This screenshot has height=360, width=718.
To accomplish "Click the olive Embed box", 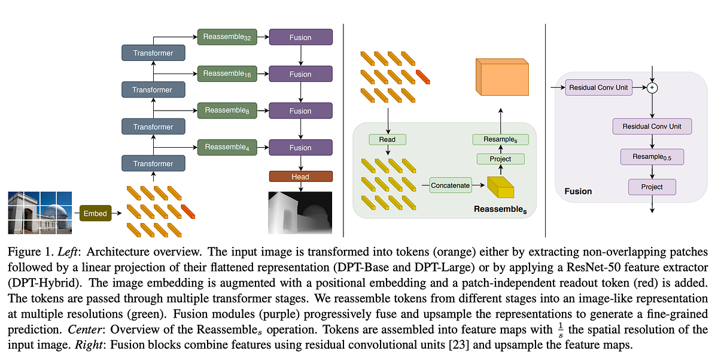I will (95, 213).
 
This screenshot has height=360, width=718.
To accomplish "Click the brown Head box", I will (300, 176).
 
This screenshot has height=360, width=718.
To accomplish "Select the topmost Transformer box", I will (153, 53).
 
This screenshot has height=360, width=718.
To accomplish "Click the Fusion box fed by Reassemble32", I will (300, 37).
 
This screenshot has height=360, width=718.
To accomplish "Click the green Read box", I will (387, 139).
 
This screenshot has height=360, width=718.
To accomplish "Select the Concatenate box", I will (451, 185).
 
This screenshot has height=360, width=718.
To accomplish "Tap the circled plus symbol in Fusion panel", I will (652, 88).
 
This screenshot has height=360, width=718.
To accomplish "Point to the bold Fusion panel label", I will (578, 191).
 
